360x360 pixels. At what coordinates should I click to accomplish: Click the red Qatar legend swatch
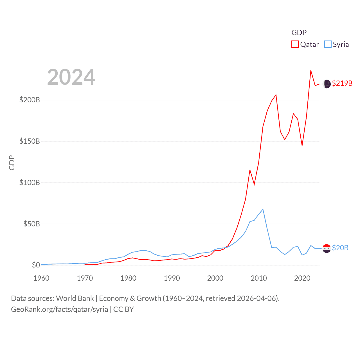[x=295, y=44]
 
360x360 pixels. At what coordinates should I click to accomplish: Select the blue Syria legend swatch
[x=328, y=44]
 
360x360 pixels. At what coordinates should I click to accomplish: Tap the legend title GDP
[x=299, y=33]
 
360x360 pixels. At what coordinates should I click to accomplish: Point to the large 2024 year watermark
[x=71, y=77]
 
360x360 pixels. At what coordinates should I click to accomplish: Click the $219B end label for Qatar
[x=342, y=83]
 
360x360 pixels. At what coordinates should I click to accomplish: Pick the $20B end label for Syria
[x=340, y=248]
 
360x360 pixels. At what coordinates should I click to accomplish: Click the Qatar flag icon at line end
[x=327, y=84]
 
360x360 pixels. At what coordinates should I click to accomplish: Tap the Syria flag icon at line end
[x=327, y=248]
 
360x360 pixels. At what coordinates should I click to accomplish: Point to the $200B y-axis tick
[x=30, y=100]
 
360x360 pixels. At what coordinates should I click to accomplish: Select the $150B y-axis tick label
[x=30, y=141]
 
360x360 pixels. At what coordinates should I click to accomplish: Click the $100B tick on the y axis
[x=30, y=183]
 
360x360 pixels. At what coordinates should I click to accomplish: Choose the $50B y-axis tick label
[x=31, y=224]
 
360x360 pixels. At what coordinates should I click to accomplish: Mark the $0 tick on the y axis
[x=36, y=265]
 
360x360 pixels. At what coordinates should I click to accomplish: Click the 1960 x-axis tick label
[x=41, y=278]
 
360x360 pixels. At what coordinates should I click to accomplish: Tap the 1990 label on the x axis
[x=172, y=278]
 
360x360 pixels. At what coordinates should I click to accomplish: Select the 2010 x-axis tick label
[x=259, y=278]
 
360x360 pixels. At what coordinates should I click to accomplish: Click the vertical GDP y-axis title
[x=12, y=163]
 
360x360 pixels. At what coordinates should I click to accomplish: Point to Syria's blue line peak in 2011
[x=263, y=209]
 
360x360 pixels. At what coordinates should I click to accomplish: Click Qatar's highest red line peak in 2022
[x=311, y=71]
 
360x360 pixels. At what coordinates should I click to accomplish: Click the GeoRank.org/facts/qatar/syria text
[x=60, y=309]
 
